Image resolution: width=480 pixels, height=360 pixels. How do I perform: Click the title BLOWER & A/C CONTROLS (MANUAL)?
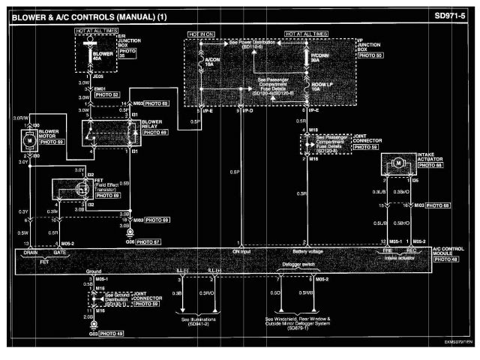(71, 14)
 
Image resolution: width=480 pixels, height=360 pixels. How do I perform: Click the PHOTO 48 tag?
(446, 260)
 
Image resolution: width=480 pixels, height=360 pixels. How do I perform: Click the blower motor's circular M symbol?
(28, 140)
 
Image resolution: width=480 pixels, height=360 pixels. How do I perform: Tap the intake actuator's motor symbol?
(400, 163)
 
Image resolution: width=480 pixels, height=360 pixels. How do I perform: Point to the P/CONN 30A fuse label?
(319, 58)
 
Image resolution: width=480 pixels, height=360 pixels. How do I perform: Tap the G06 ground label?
(130, 242)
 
